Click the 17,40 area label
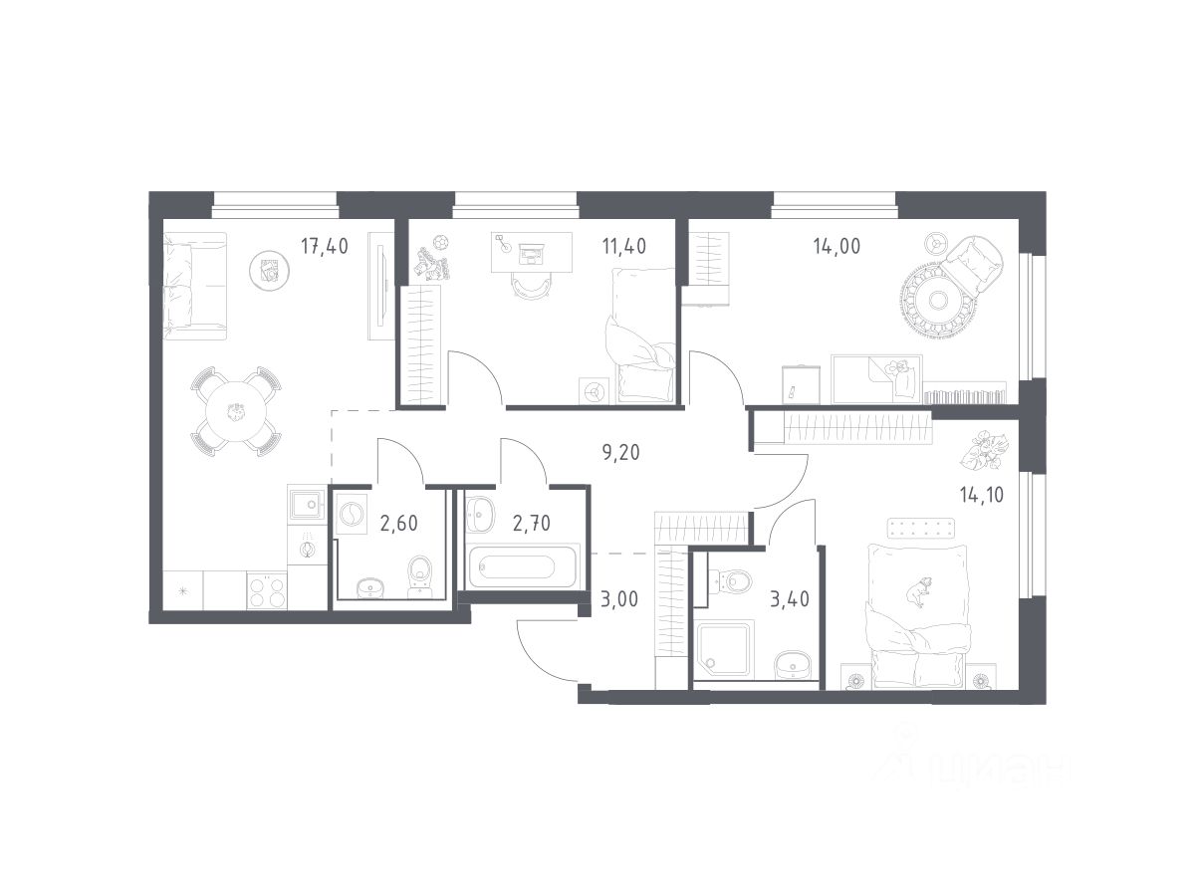tap(325, 247)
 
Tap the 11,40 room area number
tap(624, 247)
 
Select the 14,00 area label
tap(836, 247)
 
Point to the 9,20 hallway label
tap(620, 452)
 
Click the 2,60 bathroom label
tap(399, 524)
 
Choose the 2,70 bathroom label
tap(532, 524)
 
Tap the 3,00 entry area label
tap(619, 599)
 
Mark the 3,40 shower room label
tap(790, 599)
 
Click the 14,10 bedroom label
tap(982, 495)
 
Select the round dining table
tap(237, 411)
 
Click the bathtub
tap(521, 566)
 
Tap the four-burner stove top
tap(267, 590)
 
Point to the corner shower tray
tap(723, 650)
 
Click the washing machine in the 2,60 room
tap(352, 514)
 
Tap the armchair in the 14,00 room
tap(972, 263)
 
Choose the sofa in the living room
tap(194, 287)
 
